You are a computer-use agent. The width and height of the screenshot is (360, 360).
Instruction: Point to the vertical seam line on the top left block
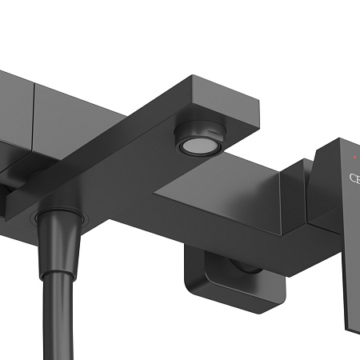(33, 112)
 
